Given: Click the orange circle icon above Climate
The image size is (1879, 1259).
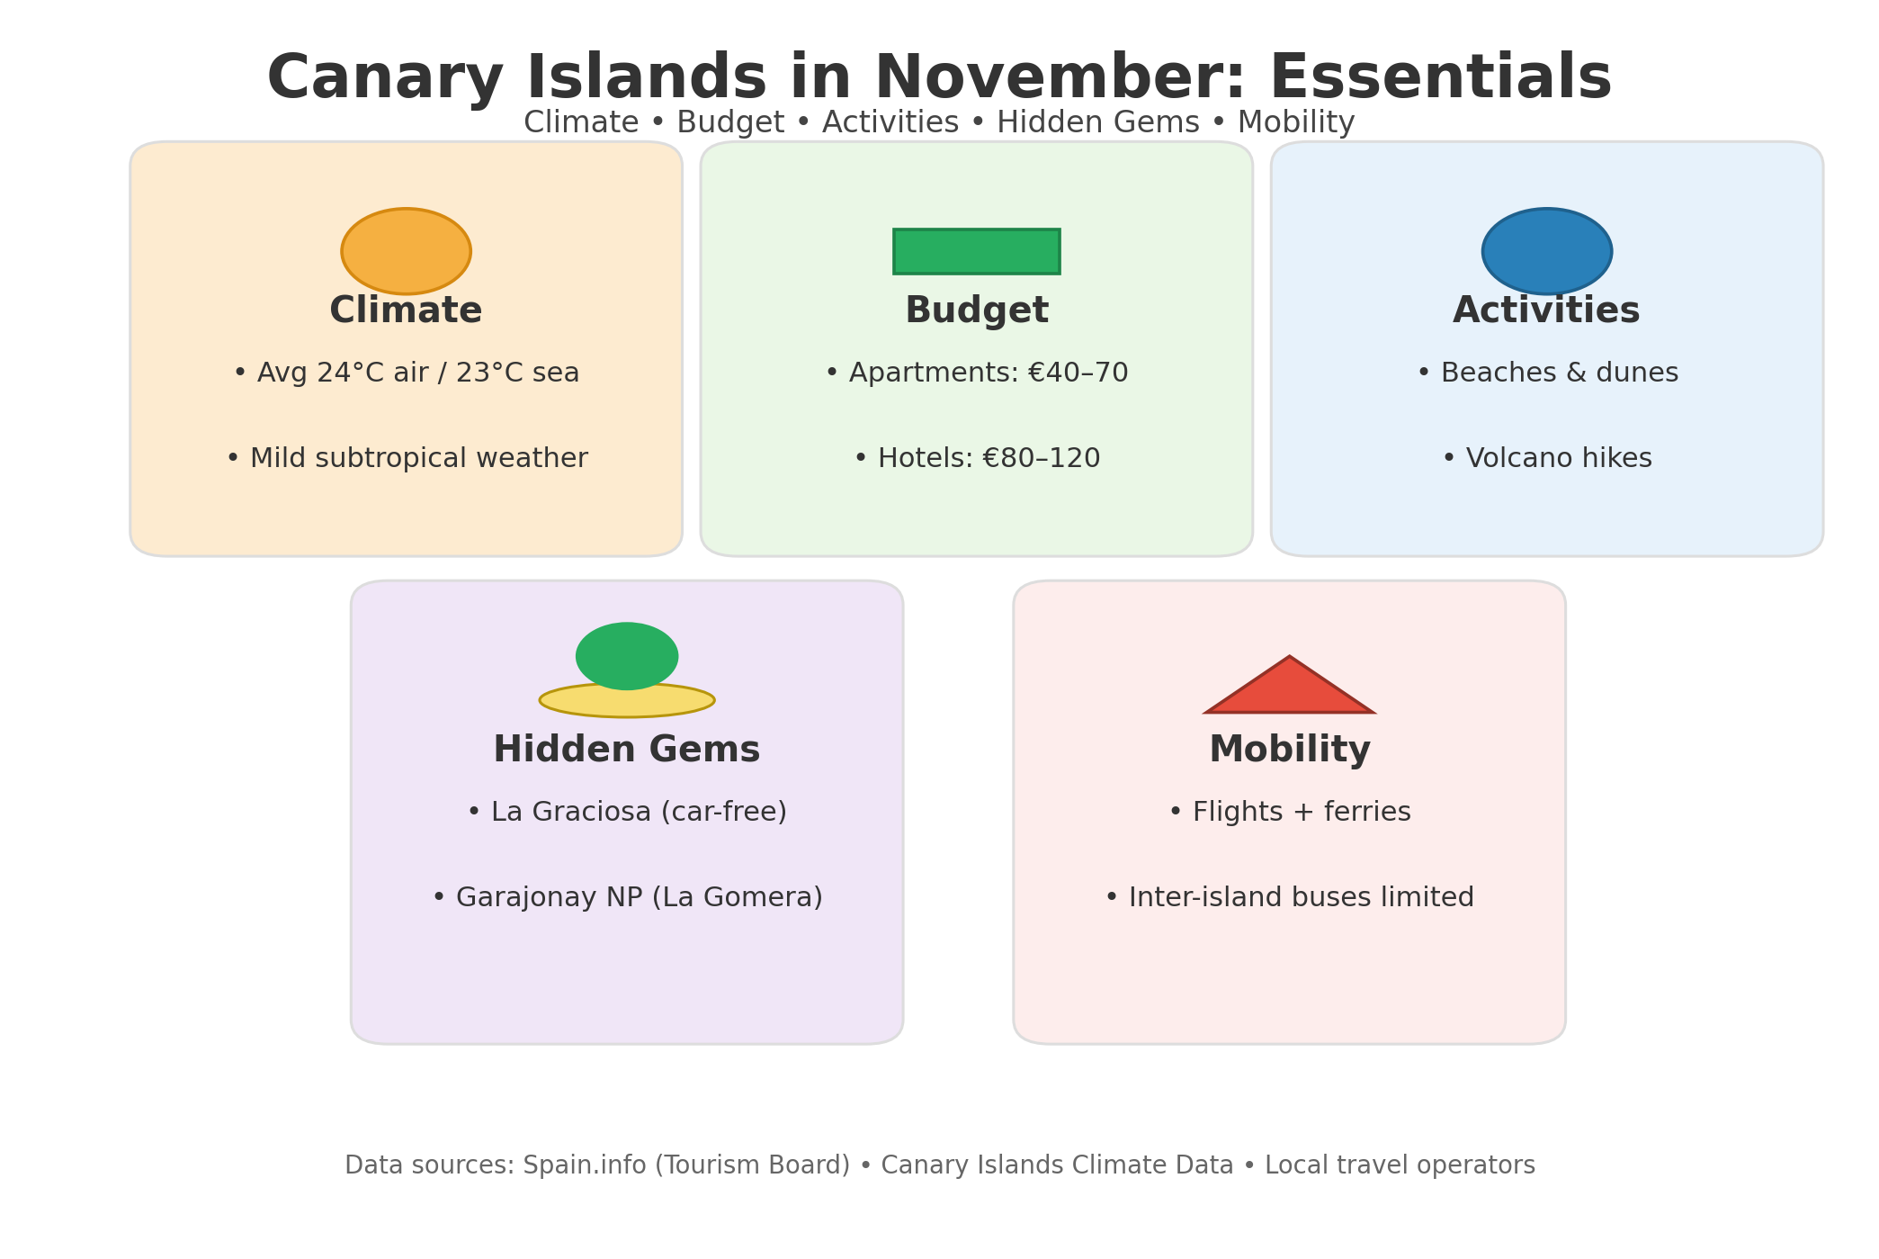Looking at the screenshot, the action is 406,251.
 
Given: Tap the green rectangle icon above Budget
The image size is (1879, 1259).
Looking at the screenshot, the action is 976,251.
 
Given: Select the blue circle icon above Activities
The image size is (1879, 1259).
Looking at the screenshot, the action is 1546,251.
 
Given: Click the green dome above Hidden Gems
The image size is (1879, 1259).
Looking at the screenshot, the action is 627,655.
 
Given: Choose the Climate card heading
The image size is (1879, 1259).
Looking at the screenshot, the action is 406,311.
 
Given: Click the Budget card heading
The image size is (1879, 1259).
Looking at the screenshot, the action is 977,311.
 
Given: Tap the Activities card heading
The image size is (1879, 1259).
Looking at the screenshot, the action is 1546,311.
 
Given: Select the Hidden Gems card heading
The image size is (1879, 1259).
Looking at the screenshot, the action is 627,751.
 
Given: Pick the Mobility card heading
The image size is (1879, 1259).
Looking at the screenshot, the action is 1290,751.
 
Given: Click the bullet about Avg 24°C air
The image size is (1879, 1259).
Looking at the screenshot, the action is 406,373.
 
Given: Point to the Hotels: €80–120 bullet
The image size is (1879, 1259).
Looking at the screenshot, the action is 977,458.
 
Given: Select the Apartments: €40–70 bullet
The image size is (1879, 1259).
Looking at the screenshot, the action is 977,373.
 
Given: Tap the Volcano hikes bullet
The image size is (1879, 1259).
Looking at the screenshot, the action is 1547,458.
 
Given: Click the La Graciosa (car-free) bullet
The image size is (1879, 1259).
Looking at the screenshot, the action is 627,812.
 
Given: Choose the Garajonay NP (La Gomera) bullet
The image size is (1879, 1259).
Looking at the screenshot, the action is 627,897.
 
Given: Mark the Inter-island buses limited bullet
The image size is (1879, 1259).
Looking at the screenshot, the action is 1289,897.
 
